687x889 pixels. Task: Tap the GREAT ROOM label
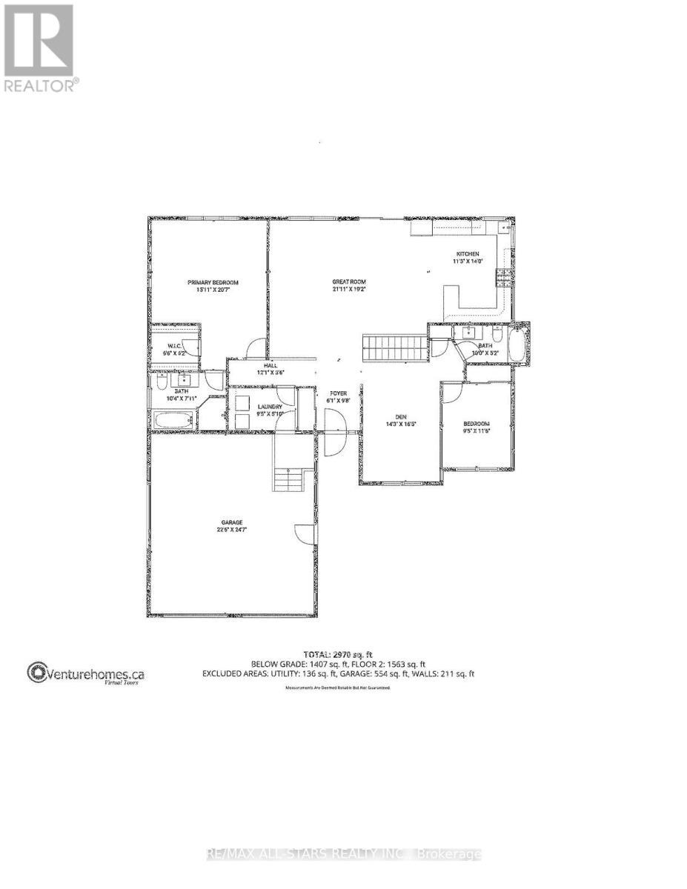click(348, 282)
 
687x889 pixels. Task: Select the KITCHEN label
click(467, 254)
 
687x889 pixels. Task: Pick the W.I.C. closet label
click(175, 346)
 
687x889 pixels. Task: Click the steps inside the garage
click(289, 480)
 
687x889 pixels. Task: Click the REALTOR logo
click(39, 47)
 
